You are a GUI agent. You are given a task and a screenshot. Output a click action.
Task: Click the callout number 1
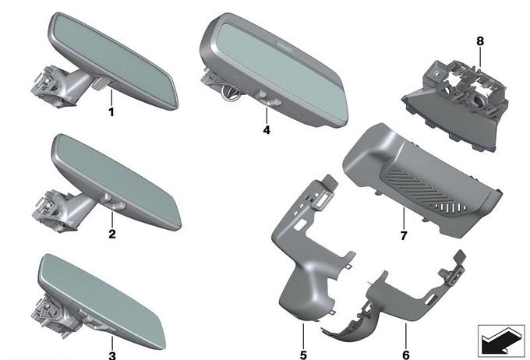[x=111, y=112]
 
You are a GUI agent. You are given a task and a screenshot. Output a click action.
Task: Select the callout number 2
[x=112, y=234]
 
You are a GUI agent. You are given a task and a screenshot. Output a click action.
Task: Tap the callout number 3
[x=112, y=355]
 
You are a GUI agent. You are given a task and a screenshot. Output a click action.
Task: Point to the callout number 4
[x=267, y=130]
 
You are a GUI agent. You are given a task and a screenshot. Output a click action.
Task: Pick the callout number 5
[x=303, y=355]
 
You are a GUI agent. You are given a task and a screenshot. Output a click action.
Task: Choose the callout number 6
[x=406, y=355]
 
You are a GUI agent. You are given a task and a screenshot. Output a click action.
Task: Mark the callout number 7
[x=404, y=235]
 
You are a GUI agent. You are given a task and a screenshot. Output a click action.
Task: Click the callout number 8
[x=480, y=41]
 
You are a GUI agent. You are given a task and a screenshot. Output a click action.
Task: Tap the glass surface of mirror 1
[x=113, y=58]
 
